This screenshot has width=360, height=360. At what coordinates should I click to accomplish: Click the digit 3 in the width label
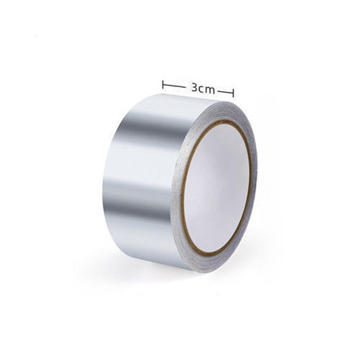194,88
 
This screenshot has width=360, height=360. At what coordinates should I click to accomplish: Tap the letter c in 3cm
202,89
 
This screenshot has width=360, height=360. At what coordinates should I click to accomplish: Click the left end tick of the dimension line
163,85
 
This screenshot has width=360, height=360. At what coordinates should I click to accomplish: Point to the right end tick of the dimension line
233,93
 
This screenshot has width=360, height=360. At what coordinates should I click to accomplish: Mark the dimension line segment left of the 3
174,86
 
